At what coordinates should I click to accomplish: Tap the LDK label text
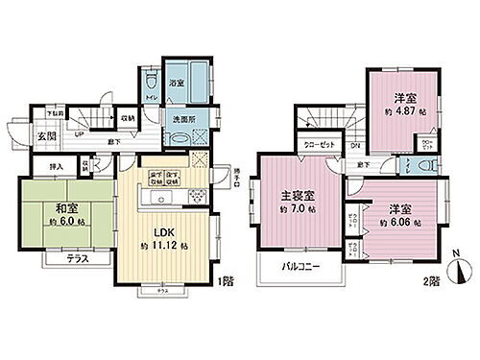click(x=159, y=229)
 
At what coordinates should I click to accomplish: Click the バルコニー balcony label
click(x=300, y=267)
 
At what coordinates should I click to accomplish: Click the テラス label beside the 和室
click(x=63, y=259)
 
